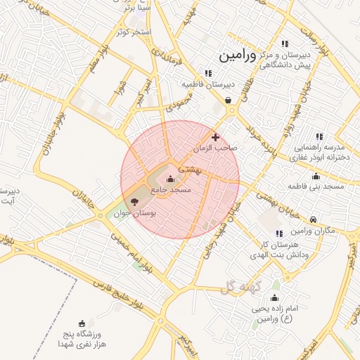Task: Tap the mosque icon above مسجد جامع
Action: (x=169, y=179)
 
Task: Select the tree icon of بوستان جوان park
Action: (x=135, y=201)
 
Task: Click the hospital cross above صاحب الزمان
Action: (x=215, y=137)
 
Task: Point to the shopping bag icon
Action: (x=229, y=101)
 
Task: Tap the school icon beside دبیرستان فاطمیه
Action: (x=208, y=72)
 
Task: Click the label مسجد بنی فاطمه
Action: (x=315, y=186)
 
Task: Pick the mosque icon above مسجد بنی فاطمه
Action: (x=316, y=176)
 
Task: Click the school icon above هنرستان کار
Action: (x=279, y=233)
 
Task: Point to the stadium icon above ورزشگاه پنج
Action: (x=83, y=323)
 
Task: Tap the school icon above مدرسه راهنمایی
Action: (x=319, y=136)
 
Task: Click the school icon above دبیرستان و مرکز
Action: (x=285, y=44)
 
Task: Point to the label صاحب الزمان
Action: (x=216, y=148)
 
